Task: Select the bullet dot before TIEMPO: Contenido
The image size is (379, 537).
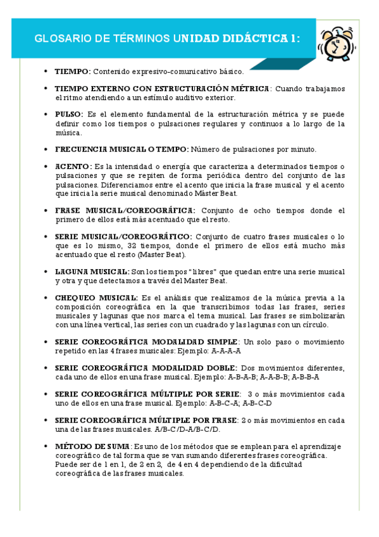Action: point(44,72)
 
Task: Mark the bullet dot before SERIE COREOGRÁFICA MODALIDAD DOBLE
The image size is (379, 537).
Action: point(44,367)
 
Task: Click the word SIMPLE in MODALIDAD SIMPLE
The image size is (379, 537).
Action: point(223,341)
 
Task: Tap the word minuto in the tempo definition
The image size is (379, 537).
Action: point(302,149)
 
